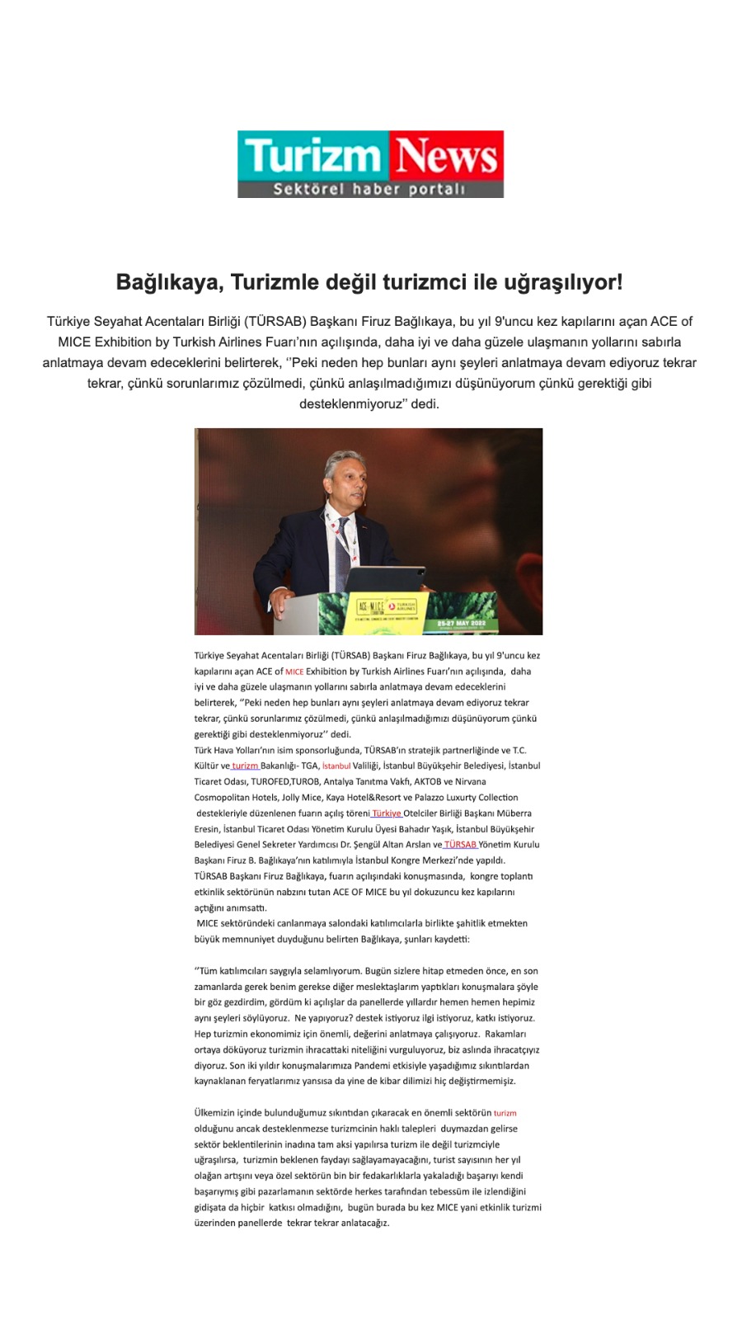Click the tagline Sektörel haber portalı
(x=369, y=189)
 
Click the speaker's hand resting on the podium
(x=285, y=596)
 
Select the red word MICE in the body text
(x=294, y=672)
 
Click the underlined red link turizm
(x=245, y=766)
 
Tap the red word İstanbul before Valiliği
(x=336, y=766)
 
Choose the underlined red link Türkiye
(x=386, y=813)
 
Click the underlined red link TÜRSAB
(x=460, y=845)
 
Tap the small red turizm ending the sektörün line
(x=505, y=1113)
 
